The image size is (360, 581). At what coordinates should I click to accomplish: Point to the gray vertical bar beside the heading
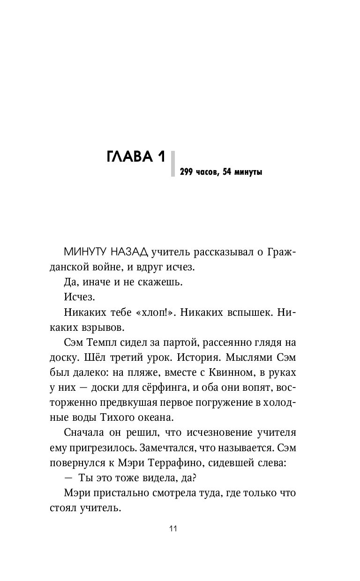173,164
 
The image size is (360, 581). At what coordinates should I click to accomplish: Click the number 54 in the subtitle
228,172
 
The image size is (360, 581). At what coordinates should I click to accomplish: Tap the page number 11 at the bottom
173,529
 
